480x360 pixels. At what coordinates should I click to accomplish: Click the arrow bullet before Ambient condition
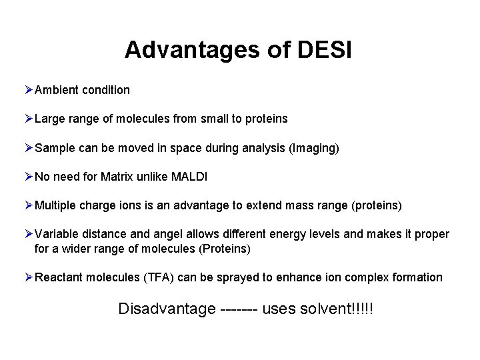click(28, 89)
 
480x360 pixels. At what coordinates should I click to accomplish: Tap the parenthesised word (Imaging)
click(314, 148)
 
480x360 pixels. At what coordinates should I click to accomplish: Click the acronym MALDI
click(189, 177)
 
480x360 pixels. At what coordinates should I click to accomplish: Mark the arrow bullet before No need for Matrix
click(28, 177)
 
